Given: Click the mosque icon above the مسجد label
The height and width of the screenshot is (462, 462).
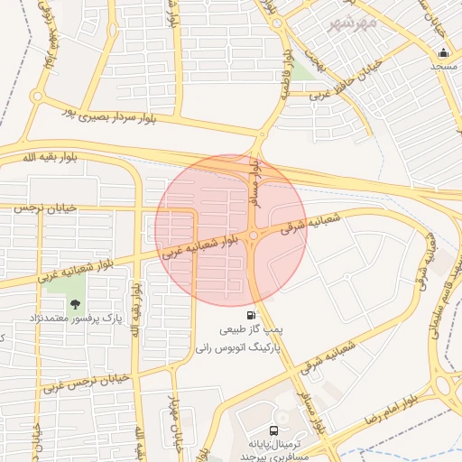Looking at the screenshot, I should point(442,52).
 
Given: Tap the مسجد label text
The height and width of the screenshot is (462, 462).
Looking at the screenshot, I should point(443,67).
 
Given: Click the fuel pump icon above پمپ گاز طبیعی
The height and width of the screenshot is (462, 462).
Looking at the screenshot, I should point(250,315).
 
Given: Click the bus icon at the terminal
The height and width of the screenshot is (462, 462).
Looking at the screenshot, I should point(273,431).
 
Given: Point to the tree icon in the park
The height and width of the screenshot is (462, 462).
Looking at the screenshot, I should point(75,304).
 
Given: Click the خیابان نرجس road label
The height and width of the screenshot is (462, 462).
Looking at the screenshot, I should point(42,208).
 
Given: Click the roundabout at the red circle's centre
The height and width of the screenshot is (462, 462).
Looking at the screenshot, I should point(254,236).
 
